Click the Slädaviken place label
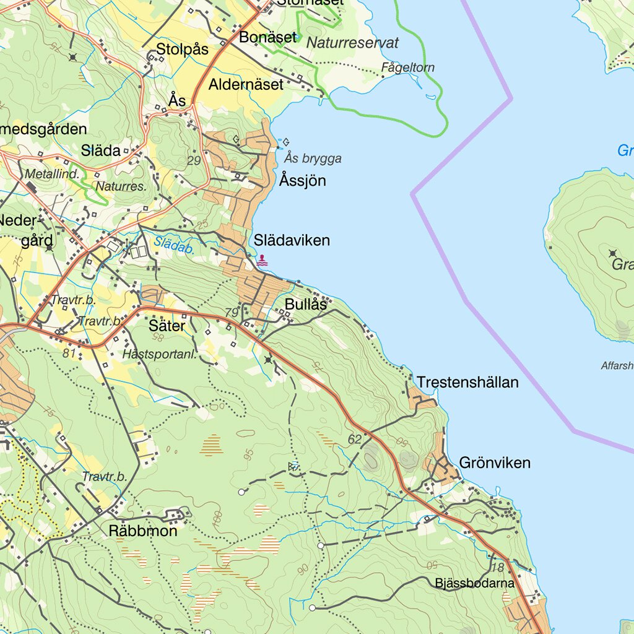pos(292,240)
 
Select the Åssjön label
pos(302,181)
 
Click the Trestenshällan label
pos(467,383)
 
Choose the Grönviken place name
pos(495,462)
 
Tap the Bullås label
pos(306,305)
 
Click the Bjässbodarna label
pos(474,583)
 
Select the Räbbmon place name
pos(143,531)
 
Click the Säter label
pos(167,325)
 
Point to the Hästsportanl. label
pos(160,355)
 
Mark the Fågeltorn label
pos(408,67)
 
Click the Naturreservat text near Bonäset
pos(353,43)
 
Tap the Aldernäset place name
pos(246,84)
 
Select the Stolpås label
pos(182,49)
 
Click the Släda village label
pos(100,150)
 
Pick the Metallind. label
pos(53,174)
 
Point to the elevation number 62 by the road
pos(354,440)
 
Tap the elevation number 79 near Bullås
pos(232,313)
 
